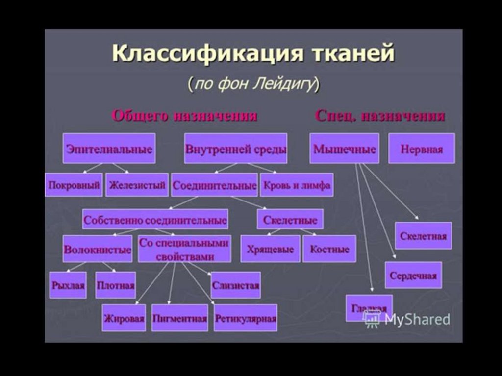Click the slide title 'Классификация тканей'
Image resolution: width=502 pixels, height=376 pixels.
coord(253,53)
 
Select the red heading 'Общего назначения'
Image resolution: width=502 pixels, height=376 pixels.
coord(185,116)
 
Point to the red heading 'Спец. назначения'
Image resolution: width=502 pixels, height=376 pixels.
coord(380,116)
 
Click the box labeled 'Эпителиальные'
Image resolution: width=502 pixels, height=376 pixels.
coord(109,149)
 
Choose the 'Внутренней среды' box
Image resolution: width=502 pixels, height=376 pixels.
coord(235,149)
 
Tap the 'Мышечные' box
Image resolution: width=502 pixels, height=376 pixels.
coord(344,149)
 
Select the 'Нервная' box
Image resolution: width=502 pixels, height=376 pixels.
coord(422,149)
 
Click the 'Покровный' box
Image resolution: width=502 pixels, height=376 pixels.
coord(74,185)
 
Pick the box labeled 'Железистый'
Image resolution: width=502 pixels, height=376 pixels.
coord(137,185)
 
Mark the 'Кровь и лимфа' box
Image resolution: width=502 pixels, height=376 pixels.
coord(297,185)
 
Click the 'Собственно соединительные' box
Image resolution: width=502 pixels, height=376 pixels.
coord(155,220)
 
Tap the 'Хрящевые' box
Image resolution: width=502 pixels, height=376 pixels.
coord(270,249)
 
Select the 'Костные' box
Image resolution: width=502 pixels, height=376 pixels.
coord(329,249)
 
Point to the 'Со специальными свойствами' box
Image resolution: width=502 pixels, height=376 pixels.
coord(184,250)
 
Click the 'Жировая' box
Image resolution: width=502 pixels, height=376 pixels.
coord(124,318)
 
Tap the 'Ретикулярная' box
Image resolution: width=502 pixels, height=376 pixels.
coord(246,318)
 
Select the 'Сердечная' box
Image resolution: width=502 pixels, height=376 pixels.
coord(413,275)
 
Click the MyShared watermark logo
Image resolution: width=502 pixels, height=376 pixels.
coord(407,320)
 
